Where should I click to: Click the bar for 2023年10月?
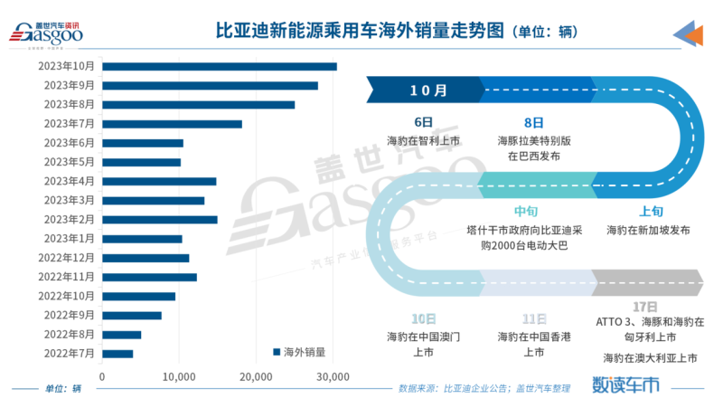(x=219, y=66)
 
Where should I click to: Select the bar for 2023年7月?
(x=172, y=124)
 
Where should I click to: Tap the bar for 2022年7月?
(x=117, y=354)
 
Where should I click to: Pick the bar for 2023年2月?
(x=159, y=219)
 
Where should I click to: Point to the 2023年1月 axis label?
(x=69, y=239)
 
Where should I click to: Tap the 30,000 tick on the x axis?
(x=333, y=375)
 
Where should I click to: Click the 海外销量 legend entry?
(x=298, y=352)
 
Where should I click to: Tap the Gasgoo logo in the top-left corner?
(x=46, y=32)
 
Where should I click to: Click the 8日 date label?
(x=533, y=122)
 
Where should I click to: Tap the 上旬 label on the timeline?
(x=651, y=212)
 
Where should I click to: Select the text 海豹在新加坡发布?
(x=649, y=231)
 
